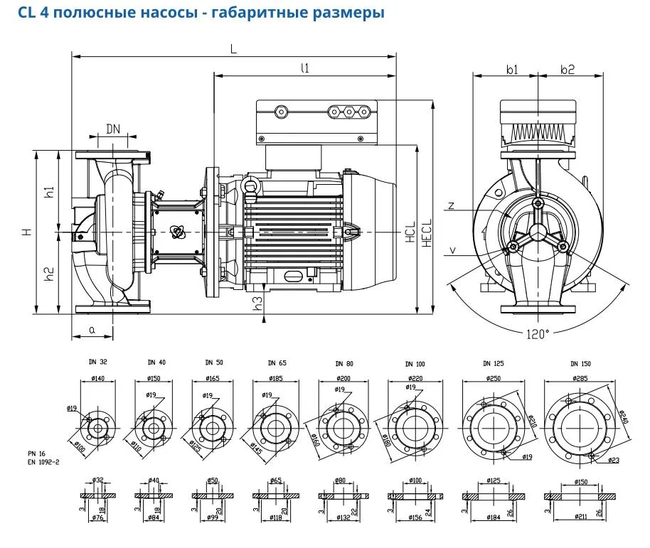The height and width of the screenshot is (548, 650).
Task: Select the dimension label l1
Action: pos(305,68)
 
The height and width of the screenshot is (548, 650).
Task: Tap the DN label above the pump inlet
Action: pos(113,129)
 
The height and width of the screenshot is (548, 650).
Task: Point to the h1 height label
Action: pos(48,192)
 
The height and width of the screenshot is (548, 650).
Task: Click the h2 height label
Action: pos(48,273)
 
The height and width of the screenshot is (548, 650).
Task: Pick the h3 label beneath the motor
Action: pos(258,301)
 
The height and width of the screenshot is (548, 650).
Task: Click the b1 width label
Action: pos(511,69)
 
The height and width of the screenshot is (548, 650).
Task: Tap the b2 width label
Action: pos(567,69)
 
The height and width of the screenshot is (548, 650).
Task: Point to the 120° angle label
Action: pos(538,333)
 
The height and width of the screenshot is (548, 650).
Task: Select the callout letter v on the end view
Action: pos(452,250)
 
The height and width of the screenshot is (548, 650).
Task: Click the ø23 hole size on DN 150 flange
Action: pos(614,460)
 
